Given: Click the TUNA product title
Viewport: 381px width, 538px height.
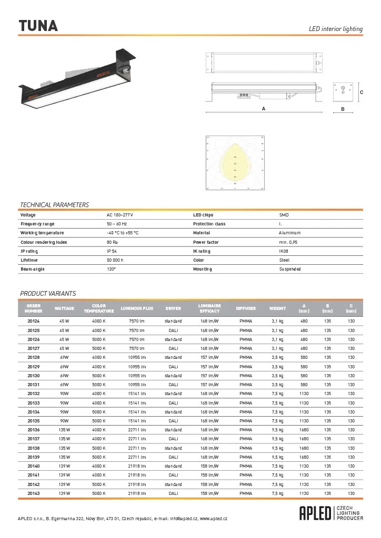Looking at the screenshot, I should click(38, 26).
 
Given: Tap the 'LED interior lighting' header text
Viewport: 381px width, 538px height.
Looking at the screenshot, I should click(335, 29).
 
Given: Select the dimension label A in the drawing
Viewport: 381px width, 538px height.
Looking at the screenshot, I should click(263, 109).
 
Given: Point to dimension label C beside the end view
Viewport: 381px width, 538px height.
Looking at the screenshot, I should click(361, 92).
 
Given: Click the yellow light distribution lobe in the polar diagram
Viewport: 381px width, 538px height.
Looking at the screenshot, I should click(234, 167).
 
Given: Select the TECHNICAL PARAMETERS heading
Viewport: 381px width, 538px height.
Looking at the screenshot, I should click(54, 204).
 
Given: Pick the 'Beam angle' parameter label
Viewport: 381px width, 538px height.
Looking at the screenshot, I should click(33, 269).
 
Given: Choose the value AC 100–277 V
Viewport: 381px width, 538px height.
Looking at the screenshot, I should click(120, 215).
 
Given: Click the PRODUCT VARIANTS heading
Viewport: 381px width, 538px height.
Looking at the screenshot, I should click(48, 293).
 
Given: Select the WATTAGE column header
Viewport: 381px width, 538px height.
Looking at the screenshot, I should click(64, 308).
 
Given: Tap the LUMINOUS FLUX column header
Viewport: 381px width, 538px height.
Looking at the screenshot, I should click(137, 308).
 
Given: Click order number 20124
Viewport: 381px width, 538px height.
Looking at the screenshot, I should click(34, 321).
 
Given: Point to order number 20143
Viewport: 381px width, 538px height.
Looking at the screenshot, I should click(34, 493).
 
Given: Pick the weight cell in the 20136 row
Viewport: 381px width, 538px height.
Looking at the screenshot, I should click(277, 430).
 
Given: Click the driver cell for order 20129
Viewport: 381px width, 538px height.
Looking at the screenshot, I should click(173, 366).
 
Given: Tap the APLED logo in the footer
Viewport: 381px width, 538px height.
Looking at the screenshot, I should click(316, 513).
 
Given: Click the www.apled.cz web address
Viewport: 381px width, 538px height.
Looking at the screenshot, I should click(213, 519).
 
